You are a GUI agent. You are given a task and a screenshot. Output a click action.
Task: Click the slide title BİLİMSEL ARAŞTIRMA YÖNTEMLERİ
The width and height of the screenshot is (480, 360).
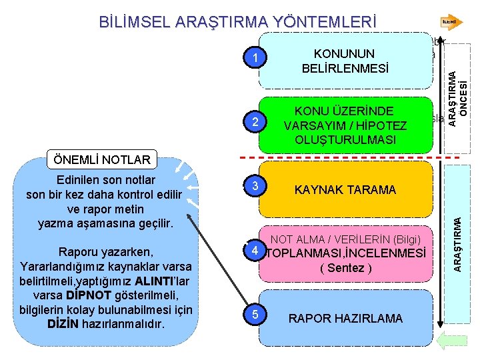click(237, 21)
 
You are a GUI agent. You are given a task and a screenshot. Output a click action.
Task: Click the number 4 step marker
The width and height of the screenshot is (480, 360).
click(254, 253)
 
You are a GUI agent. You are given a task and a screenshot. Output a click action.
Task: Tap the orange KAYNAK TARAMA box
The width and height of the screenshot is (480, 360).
click(345, 190)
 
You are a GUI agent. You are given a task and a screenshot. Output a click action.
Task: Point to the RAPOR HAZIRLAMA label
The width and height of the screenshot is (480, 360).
click(345, 318)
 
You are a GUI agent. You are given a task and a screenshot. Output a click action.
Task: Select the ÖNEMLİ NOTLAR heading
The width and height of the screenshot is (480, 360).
click(103, 159)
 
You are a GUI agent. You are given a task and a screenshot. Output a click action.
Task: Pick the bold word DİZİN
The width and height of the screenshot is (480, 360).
click(65, 325)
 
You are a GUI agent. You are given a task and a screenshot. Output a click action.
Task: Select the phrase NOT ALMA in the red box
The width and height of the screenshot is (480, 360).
click(294, 239)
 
